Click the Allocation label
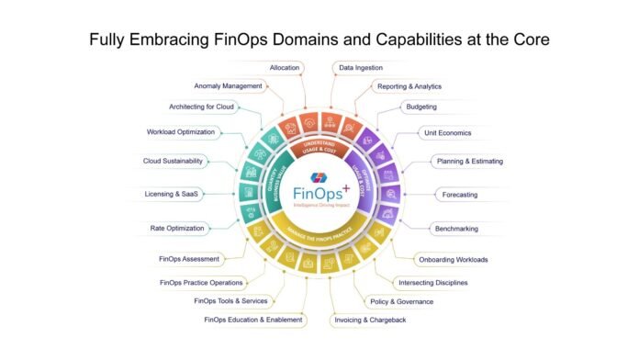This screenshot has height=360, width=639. pos(286,67)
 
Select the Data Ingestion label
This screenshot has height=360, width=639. pos(361,67)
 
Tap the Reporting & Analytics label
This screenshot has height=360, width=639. pos(409,86)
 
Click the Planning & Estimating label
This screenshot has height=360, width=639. pos(467,161)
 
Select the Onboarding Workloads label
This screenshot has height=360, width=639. pos(453,259)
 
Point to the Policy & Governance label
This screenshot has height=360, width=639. pos(402,300)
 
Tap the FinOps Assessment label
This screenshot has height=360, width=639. pos(189,259)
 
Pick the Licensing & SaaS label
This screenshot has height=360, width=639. pos(172,194)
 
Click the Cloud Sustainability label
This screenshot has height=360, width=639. pos(173,161)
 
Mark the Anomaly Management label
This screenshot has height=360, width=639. pos(229,86)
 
